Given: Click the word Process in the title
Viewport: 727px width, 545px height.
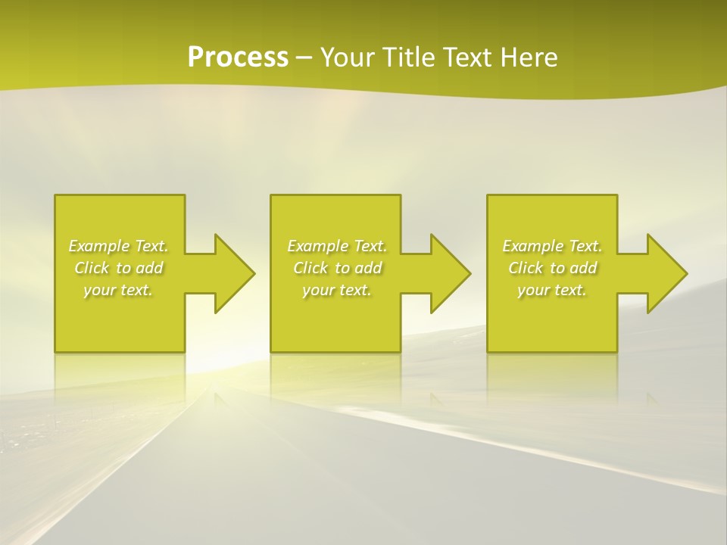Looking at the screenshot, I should click(238, 58).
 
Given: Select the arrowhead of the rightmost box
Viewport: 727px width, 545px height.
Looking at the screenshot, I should click(665, 273).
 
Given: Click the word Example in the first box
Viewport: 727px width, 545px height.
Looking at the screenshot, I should click(98, 246).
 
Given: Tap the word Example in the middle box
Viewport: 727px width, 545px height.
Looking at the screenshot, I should click(317, 246).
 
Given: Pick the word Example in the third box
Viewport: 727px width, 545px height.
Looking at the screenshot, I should click(532, 246).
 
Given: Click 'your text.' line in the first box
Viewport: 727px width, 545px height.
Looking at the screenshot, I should click(118, 290).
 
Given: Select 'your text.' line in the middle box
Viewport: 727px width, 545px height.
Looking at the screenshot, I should click(337, 290).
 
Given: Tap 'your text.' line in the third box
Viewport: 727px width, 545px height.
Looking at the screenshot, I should click(552, 290).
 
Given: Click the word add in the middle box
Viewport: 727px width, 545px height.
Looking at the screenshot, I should click(368, 268).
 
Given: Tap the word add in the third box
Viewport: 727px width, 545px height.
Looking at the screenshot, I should click(583, 268).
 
